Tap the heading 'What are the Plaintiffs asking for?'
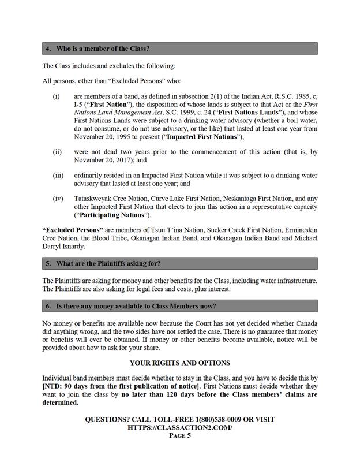107,263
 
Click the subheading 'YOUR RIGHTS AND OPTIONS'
179,363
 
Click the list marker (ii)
57,152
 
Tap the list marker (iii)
58,175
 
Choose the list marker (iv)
58,198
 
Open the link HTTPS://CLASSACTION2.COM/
179,427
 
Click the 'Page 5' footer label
179,436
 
